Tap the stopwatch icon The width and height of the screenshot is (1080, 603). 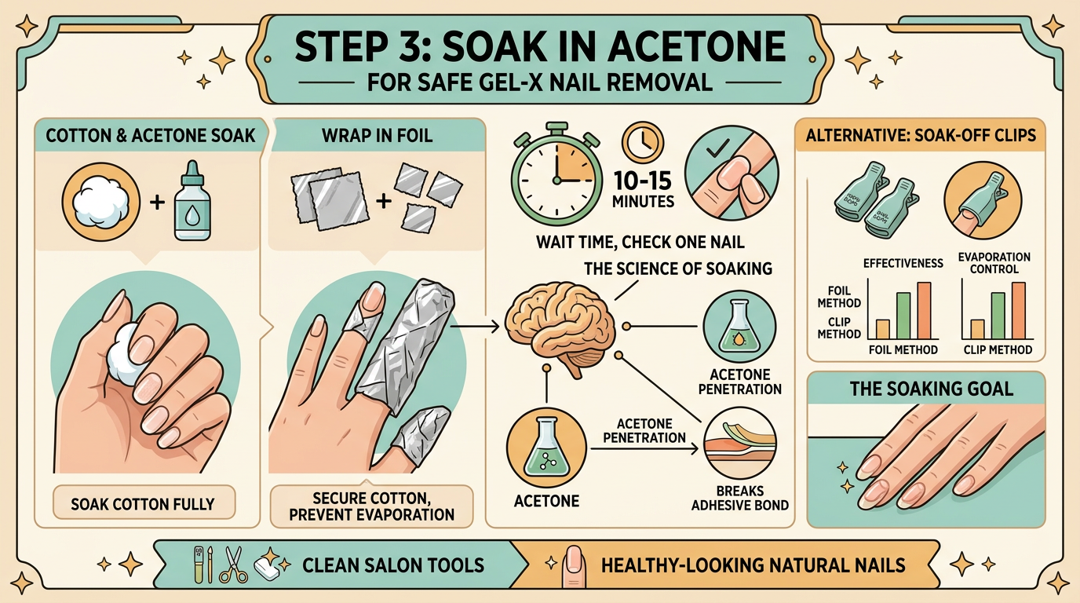(x=558, y=169)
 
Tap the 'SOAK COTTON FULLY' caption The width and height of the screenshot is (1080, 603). (x=142, y=503)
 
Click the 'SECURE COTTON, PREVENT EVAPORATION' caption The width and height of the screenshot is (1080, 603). (x=372, y=506)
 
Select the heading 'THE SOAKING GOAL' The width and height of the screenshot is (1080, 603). (x=925, y=388)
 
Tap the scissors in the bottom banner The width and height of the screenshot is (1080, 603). (x=233, y=565)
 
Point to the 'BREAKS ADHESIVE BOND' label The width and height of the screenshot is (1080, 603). (x=739, y=497)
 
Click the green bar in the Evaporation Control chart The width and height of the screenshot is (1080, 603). (x=998, y=316)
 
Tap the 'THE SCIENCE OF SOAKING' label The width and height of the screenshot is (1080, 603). (x=678, y=269)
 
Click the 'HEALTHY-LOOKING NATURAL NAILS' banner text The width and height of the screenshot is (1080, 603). (x=752, y=565)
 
